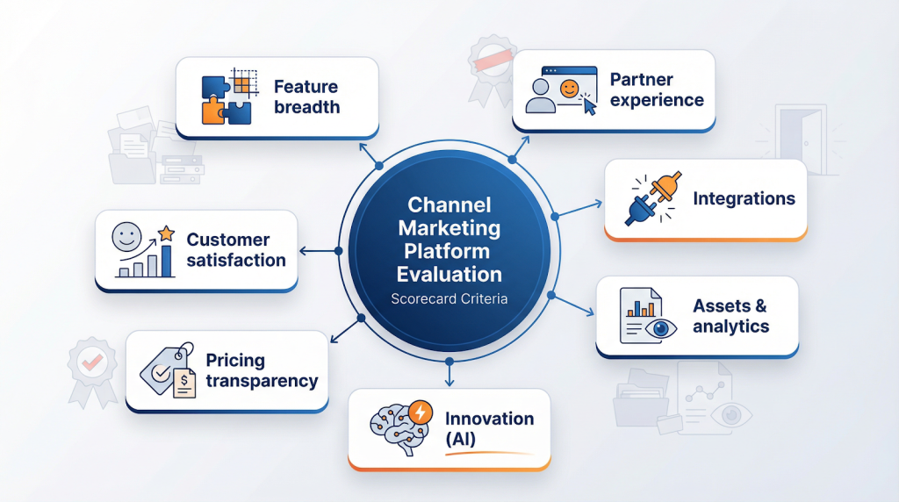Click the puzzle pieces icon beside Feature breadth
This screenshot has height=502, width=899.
point(227,97)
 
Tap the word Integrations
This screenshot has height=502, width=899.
point(744,198)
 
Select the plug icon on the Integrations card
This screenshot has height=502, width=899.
point(651,199)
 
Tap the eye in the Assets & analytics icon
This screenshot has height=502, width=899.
point(660,328)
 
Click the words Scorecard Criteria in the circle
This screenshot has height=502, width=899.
point(449,298)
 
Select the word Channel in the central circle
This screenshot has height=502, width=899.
point(449,206)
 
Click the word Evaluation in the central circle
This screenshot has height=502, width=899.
point(449,274)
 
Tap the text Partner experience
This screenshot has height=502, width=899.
point(657,90)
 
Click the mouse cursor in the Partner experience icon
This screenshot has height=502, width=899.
point(589,105)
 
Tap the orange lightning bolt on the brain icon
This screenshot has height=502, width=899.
point(421,412)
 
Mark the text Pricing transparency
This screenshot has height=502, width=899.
point(261,370)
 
